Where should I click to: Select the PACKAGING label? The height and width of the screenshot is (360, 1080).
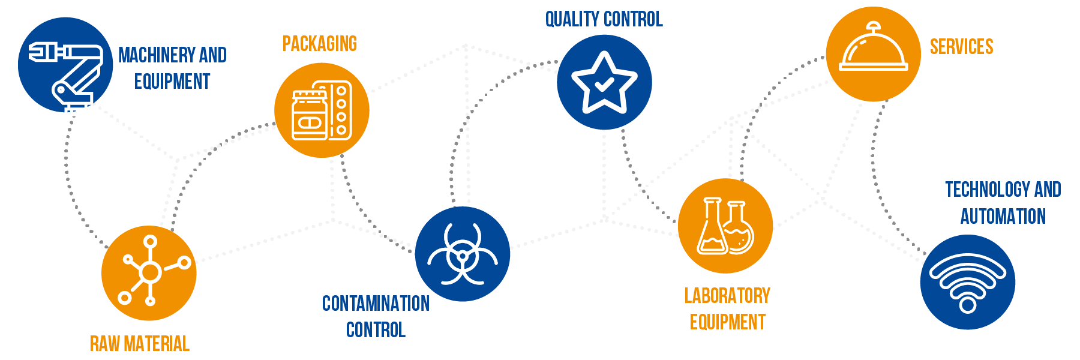[320, 44]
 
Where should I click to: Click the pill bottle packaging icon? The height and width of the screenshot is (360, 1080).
[322, 110]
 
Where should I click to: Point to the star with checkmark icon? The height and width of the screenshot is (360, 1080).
[604, 83]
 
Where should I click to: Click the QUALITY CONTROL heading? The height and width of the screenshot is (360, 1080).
[604, 19]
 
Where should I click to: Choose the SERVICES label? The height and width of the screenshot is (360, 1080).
[961, 47]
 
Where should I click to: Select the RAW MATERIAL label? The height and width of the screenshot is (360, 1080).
[140, 344]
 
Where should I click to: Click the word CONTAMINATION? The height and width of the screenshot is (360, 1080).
[376, 304]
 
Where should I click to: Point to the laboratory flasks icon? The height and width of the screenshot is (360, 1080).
[725, 226]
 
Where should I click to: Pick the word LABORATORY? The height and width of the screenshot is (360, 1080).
[727, 296]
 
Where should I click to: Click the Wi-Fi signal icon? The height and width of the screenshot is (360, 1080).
[967, 283]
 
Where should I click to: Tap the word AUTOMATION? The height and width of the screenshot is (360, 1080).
[1003, 217]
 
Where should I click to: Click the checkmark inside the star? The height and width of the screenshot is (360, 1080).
[604, 84]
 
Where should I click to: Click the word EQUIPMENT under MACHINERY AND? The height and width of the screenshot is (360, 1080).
[172, 82]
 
